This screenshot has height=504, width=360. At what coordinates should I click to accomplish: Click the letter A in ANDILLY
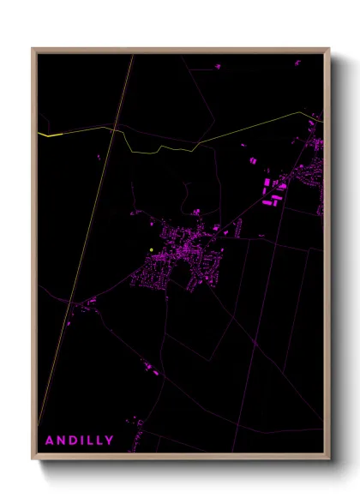[50, 441]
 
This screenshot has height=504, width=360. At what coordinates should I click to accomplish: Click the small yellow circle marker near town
[151, 249]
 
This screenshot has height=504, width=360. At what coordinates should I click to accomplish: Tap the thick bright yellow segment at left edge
[49, 135]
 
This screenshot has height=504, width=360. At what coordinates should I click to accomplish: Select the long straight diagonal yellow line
[86, 257]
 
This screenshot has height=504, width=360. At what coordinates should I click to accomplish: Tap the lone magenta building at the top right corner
[298, 62]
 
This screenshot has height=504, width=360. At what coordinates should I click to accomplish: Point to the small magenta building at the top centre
[218, 64]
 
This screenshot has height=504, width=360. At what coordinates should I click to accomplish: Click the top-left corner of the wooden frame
[33, 49]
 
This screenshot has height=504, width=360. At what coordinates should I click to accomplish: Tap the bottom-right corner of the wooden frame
[329, 459]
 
